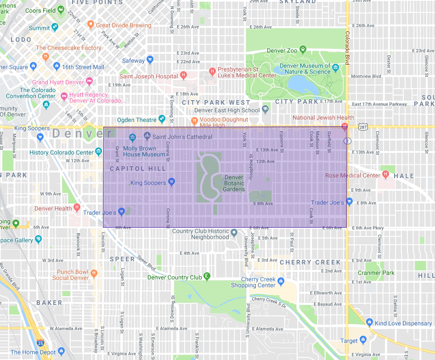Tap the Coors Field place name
[x=40, y=11]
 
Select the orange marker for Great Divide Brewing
[x=90, y=24]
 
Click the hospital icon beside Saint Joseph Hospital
[x=184, y=75]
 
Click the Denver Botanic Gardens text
[x=234, y=183]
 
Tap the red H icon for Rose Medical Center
[x=385, y=174]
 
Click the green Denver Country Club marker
[x=207, y=276]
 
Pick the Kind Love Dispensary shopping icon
[x=370, y=323]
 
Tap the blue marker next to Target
[x=363, y=340]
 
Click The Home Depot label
[x=33, y=352]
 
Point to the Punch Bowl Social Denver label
[x=70, y=275]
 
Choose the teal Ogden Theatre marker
[x=162, y=119]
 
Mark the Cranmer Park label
[x=376, y=273]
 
